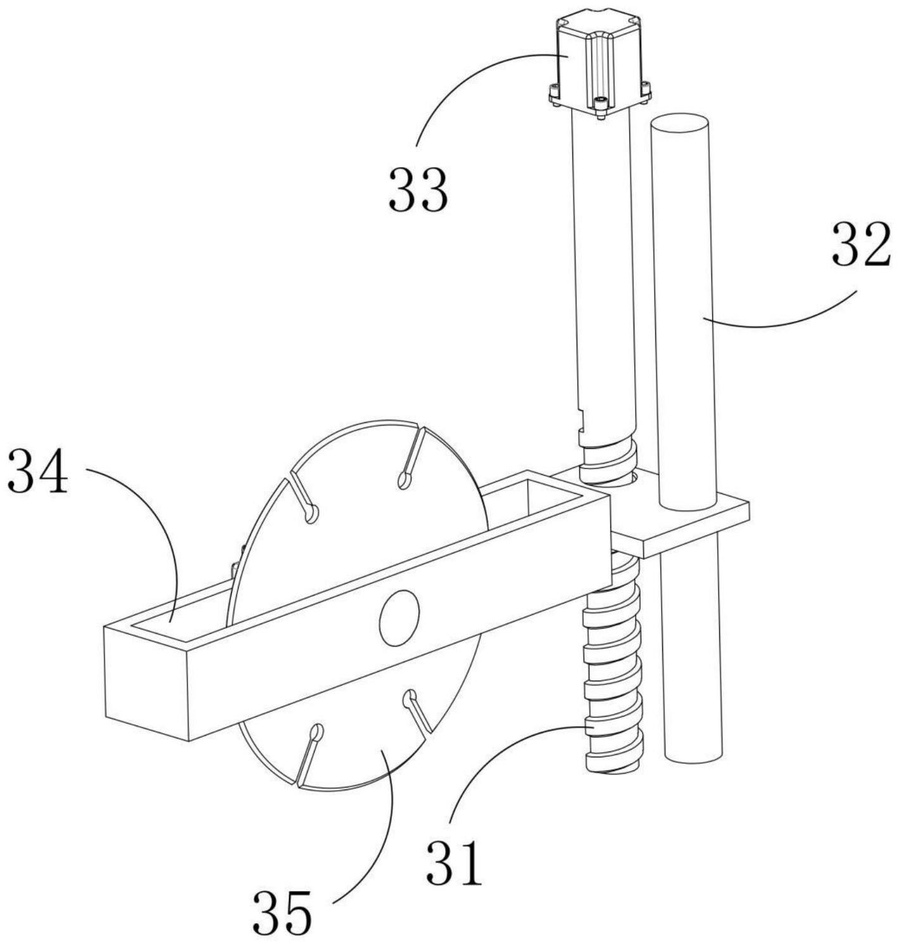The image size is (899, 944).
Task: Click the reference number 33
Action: coord(418,191)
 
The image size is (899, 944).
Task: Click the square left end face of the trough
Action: coord(146,684)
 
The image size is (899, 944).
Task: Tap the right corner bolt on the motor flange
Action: coord(646,90)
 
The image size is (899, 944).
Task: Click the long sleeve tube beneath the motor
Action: coord(603,279)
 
